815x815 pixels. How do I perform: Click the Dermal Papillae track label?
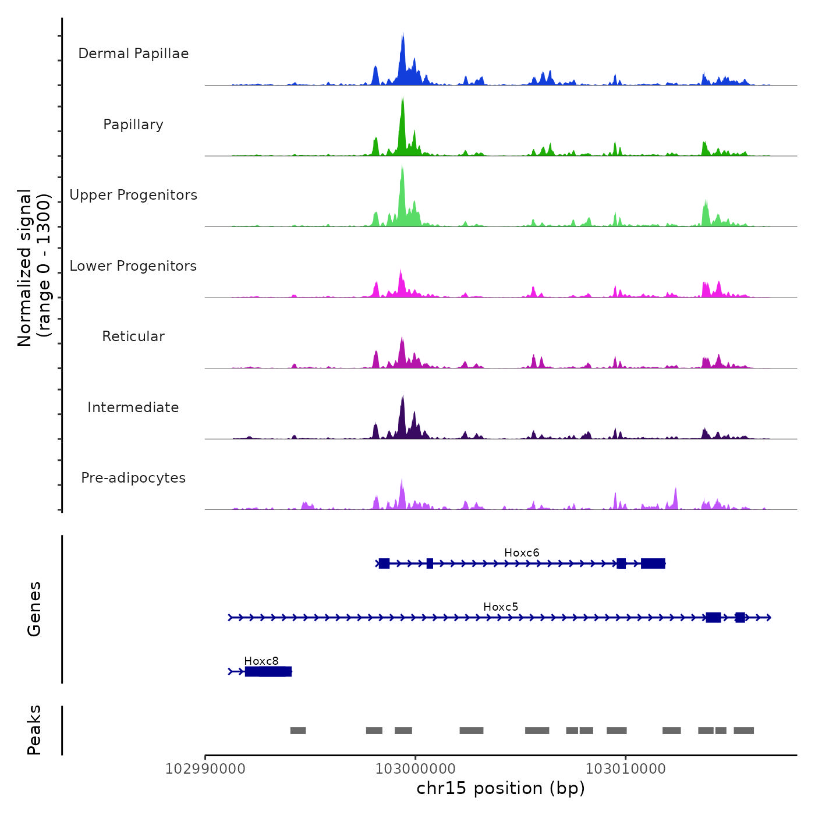133,54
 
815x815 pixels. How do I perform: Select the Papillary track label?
133,125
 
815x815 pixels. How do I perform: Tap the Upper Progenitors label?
133,195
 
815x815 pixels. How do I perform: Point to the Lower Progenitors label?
133,266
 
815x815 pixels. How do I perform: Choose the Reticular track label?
133,336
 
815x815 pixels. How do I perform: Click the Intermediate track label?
133,408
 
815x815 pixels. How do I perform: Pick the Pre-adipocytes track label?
133,478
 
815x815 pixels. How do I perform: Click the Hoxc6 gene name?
522,552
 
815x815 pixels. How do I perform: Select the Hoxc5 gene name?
501,607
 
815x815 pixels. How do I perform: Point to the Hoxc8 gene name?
261,661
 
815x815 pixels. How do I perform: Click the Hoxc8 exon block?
268,672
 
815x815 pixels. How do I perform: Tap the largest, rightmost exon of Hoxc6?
653,563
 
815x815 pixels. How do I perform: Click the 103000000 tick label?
416,769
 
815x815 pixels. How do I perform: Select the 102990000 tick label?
205,769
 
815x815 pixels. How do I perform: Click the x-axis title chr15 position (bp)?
501,788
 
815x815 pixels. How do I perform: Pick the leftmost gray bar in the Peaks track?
298,731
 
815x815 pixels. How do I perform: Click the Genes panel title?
34,609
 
